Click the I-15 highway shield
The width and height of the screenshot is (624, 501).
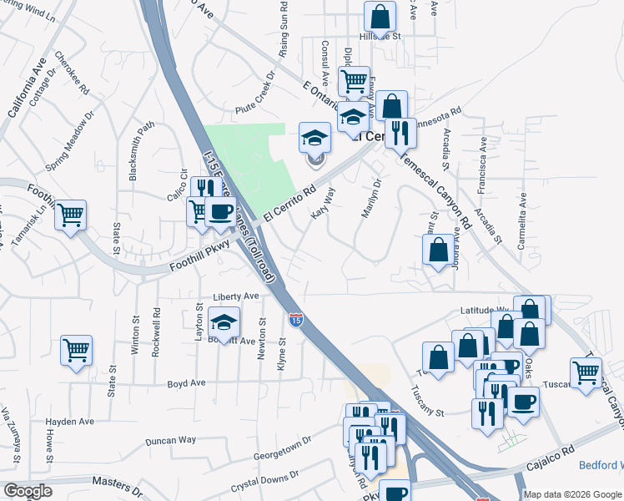296,319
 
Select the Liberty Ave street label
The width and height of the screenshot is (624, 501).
236,296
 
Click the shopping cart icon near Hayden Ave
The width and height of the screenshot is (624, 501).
77,351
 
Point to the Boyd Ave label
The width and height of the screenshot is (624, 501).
186,383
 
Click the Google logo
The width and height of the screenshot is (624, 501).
28,491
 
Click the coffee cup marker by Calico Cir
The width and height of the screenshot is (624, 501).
220,214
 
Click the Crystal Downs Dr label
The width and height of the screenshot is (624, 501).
264,482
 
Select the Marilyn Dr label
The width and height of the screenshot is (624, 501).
371,199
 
